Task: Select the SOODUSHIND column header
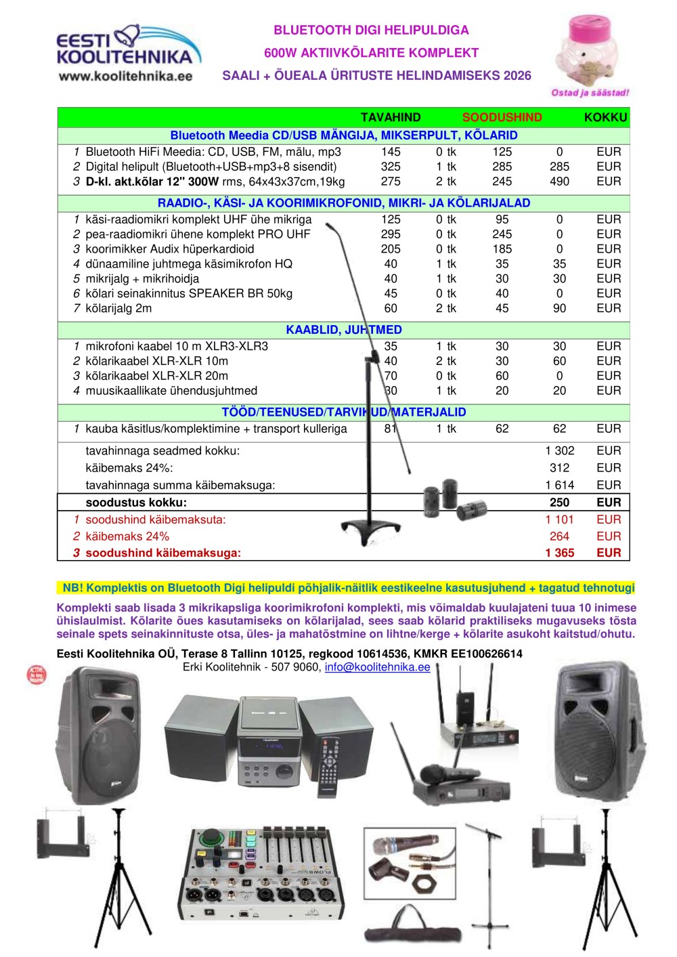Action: pyautogui.click(x=502, y=117)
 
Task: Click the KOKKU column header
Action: pyautogui.click(x=605, y=117)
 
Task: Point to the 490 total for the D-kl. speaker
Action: pyautogui.click(x=559, y=182)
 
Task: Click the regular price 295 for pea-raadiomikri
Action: pyautogui.click(x=391, y=234)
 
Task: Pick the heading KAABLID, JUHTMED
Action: pyautogui.click(x=343, y=330)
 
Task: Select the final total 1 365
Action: pyautogui.click(x=559, y=553)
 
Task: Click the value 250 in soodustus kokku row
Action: pyautogui.click(x=559, y=503)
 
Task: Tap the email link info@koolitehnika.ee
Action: pyautogui.click(x=377, y=667)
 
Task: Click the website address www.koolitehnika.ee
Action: pyautogui.click(x=125, y=76)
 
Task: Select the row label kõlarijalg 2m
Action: pyautogui.click(x=118, y=309)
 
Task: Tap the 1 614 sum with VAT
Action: pyautogui.click(x=559, y=485)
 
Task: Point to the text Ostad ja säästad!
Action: pyautogui.click(x=590, y=93)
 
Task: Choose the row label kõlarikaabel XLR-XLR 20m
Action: pyautogui.click(x=156, y=376)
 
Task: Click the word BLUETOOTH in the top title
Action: pyautogui.click(x=302, y=30)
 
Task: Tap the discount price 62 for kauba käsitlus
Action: pyautogui.click(x=502, y=429)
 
